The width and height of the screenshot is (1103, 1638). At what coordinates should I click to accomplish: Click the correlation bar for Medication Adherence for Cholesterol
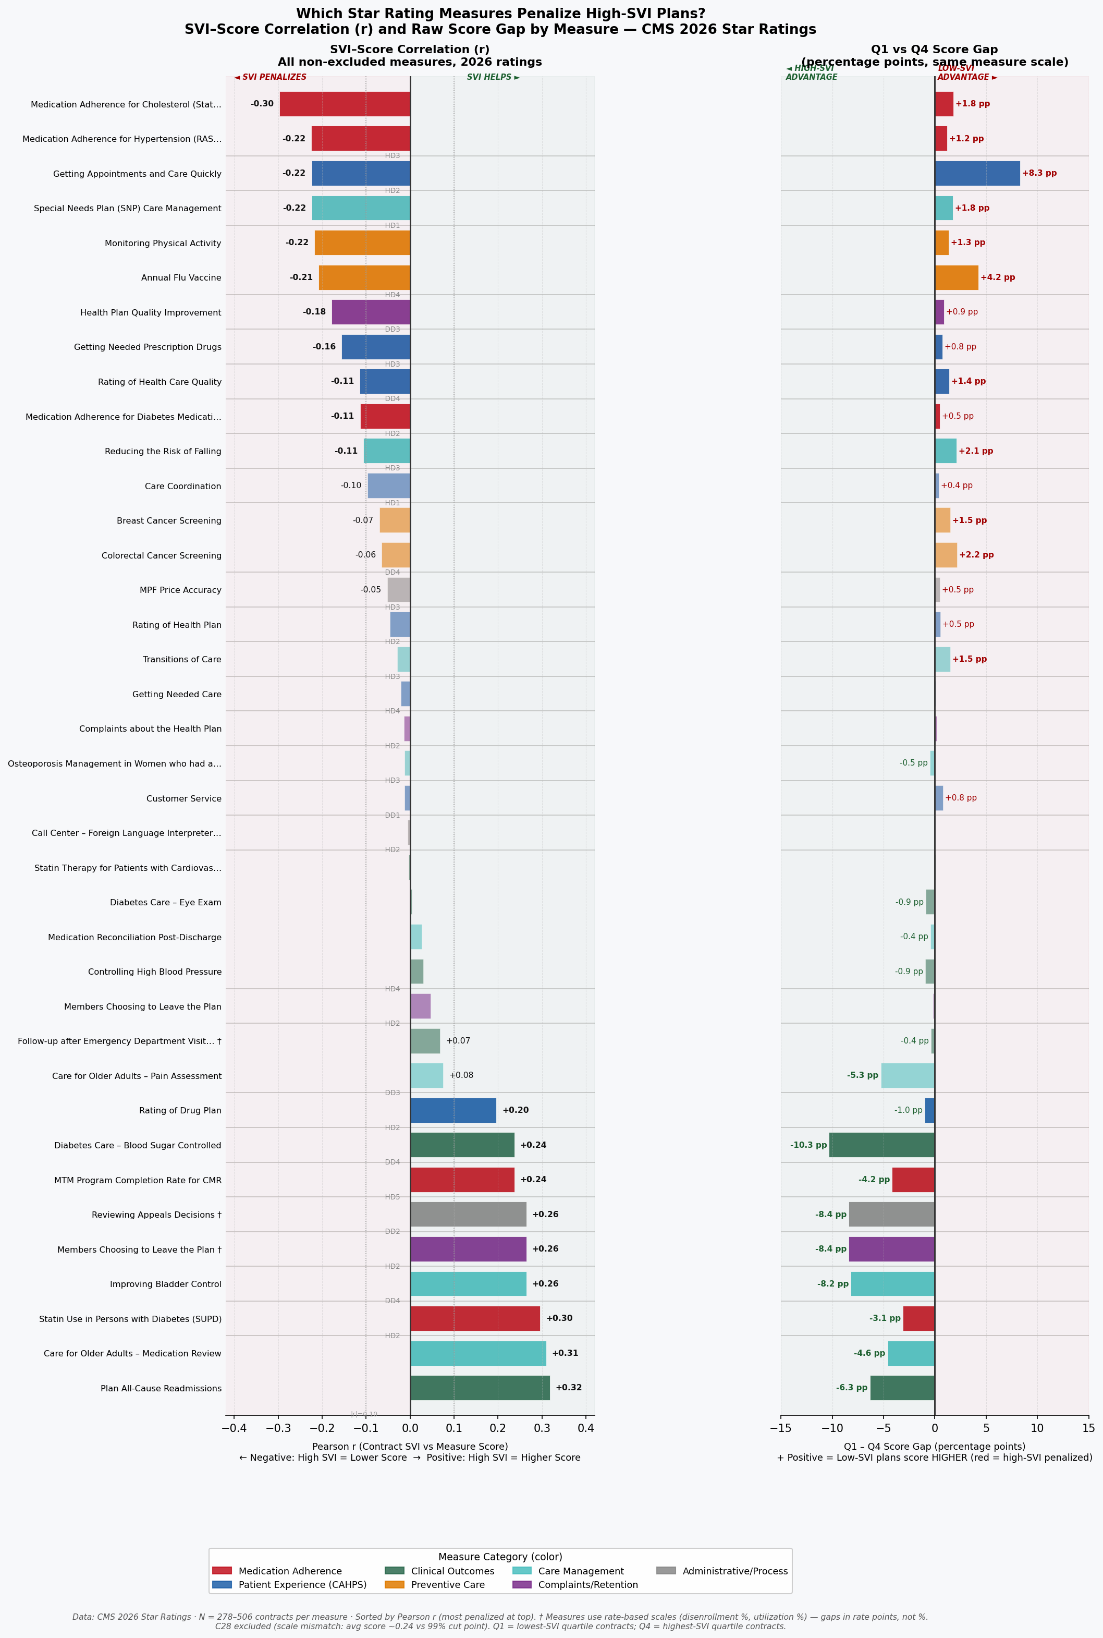[x=345, y=104]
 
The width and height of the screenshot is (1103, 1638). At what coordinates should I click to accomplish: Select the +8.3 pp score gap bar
[x=977, y=173]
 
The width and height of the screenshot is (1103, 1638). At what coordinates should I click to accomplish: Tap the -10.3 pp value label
[x=808, y=1145]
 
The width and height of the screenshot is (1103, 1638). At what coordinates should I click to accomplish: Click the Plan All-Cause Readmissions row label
[x=161, y=1388]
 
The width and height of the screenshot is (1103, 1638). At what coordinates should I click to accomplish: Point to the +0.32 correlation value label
[x=568, y=1388]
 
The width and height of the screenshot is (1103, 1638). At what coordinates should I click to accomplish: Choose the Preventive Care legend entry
[x=448, y=1584]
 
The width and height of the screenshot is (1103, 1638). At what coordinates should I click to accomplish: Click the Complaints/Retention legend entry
[x=587, y=1584]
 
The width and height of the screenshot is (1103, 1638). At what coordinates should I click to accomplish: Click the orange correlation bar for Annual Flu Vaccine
[x=364, y=277]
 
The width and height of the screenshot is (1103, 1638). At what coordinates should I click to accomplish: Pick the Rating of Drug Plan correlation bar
[x=453, y=1110]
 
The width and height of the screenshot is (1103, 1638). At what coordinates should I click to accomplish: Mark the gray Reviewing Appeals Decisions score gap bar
[x=892, y=1215]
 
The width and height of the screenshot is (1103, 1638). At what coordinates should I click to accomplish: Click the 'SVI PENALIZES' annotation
[x=271, y=77]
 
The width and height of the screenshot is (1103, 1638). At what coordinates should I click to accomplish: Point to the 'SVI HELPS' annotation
[x=493, y=77]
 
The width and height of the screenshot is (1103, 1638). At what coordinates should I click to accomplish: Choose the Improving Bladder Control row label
[x=165, y=1284]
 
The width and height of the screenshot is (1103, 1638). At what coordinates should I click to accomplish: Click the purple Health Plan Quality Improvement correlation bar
[x=371, y=312]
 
